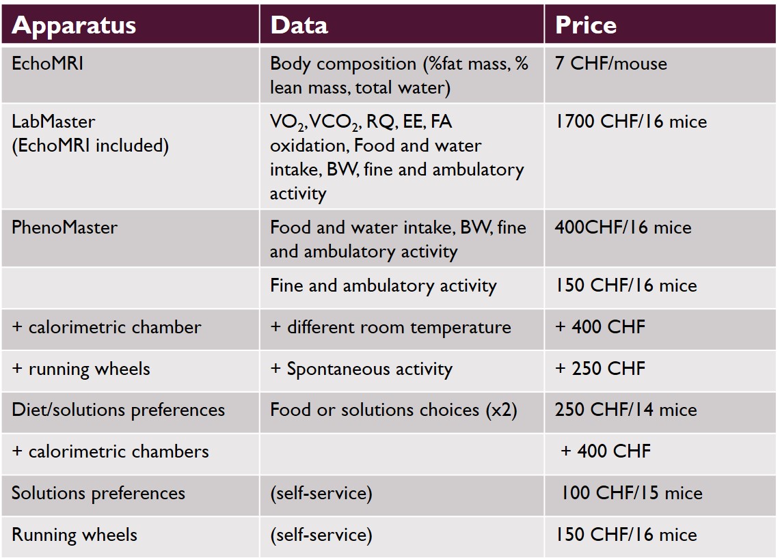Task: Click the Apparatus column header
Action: [74, 25]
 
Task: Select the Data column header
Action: [299, 25]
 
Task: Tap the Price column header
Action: [586, 25]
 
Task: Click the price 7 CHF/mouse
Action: [611, 64]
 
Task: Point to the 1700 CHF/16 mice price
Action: [631, 122]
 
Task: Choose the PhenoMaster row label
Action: [64, 227]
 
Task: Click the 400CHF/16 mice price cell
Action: [623, 227]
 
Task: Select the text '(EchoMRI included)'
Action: [90, 145]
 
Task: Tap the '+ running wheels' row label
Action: [81, 369]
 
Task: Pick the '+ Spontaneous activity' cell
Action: [362, 369]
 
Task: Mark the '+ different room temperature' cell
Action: [390, 327]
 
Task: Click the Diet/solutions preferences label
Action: [118, 410]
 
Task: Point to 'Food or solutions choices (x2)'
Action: [394, 410]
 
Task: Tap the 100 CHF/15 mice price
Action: [632, 493]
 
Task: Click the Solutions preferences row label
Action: [98, 493]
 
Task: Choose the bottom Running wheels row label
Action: [75, 535]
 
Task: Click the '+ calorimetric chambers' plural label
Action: [111, 451]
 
